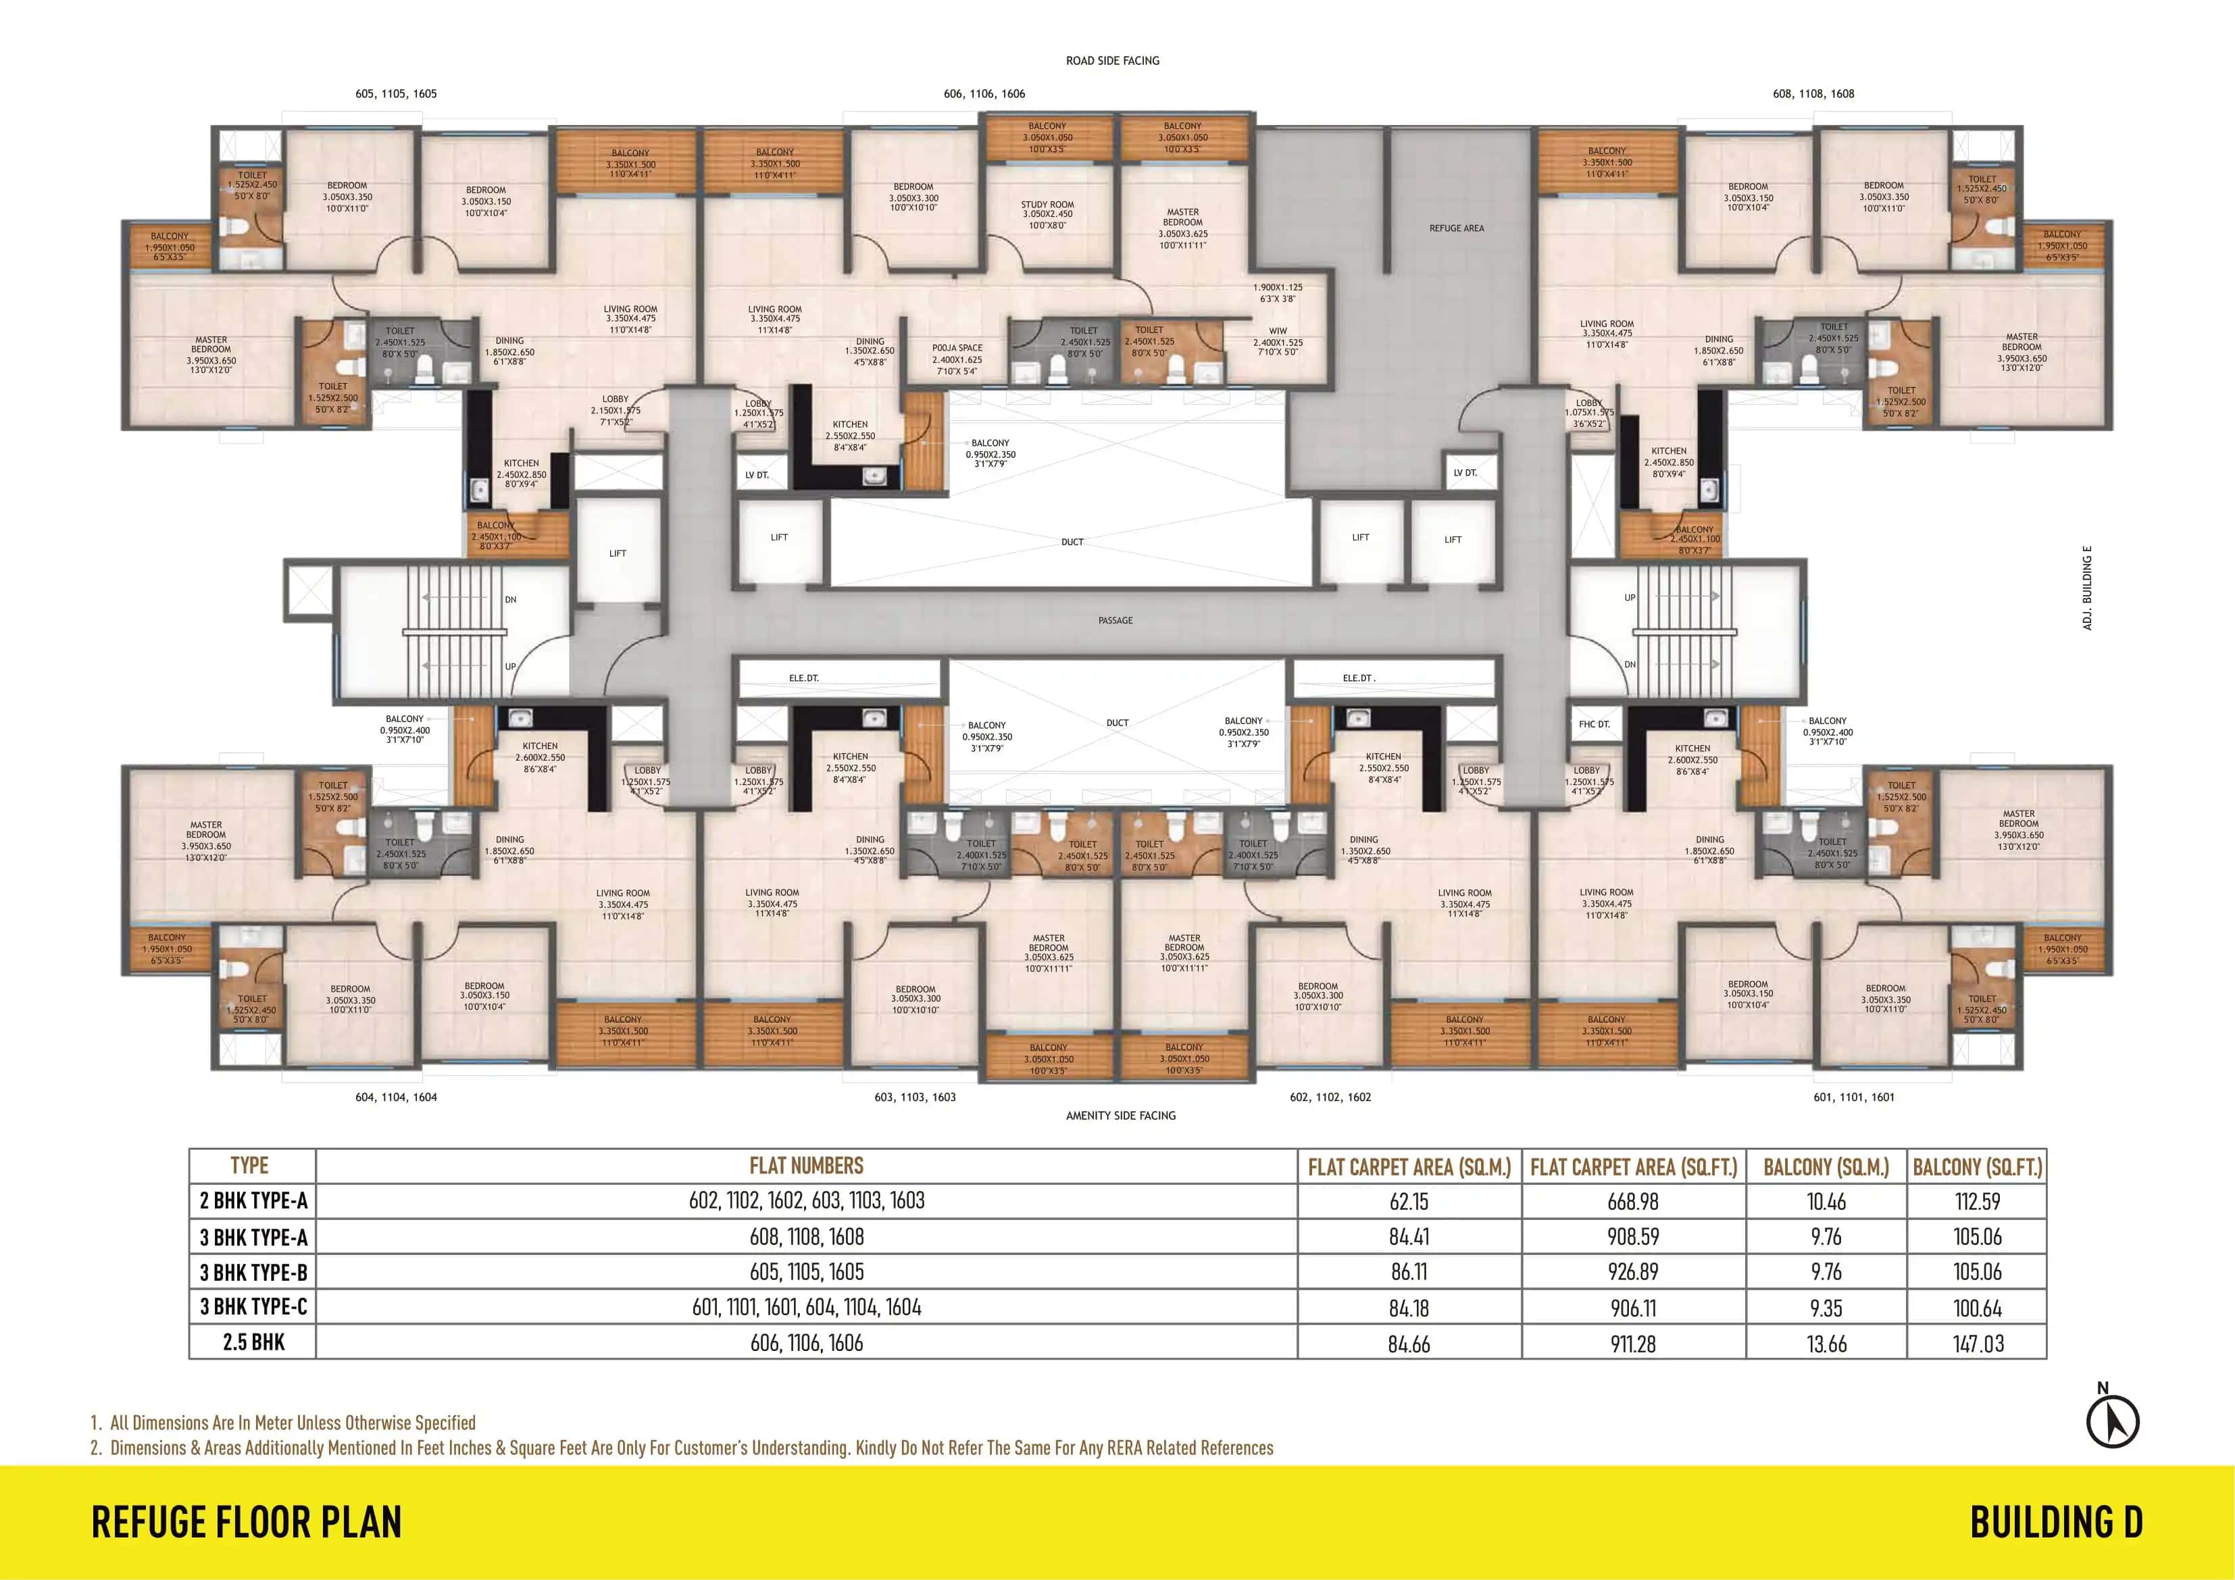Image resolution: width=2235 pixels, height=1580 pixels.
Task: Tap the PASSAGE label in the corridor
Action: click(1115, 620)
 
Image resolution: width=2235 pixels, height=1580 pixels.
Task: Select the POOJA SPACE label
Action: click(957, 347)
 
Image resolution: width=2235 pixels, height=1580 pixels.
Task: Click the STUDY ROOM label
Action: click(1047, 205)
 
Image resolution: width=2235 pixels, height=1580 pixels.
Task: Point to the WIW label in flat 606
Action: click(1277, 331)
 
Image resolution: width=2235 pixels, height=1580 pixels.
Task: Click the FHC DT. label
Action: click(1594, 724)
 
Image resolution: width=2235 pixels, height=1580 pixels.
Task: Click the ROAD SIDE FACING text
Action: click(1113, 60)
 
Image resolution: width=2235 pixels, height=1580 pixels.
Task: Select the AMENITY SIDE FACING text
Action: click(1120, 1116)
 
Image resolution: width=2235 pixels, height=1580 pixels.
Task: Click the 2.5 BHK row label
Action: click(253, 1342)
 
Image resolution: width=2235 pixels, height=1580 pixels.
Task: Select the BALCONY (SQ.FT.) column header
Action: click(1977, 1167)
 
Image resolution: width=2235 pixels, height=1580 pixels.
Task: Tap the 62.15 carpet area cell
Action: click(1409, 1201)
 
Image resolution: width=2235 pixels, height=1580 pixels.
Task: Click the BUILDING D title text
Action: click(2056, 1523)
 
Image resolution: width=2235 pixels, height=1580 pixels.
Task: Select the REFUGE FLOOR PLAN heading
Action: click(247, 1523)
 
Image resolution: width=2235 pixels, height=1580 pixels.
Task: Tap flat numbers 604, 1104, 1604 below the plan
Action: click(396, 1097)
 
